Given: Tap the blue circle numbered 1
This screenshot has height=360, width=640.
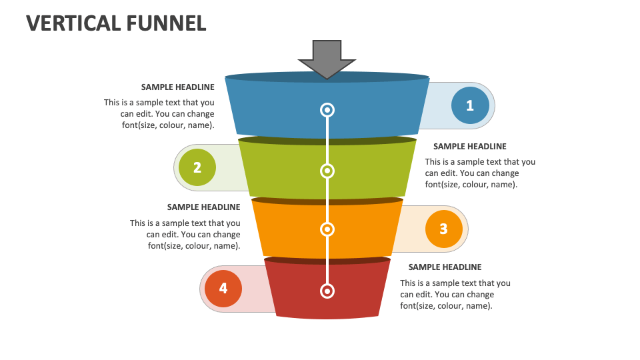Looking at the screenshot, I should click(x=470, y=105).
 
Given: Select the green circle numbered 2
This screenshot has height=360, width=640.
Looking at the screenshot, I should click(x=197, y=167).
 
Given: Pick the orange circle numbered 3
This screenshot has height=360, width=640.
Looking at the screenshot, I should click(x=443, y=229).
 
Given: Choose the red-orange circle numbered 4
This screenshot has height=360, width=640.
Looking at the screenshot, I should click(x=223, y=288).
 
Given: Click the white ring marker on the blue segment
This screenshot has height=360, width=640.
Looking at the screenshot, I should click(x=327, y=109).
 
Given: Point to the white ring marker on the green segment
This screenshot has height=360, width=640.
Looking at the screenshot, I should click(x=327, y=171).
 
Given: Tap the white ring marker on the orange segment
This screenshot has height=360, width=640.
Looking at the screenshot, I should click(x=327, y=229).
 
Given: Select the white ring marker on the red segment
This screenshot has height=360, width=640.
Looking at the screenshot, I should click(x=327, y=291).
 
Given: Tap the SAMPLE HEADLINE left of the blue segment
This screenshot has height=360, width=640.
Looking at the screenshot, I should click(x=177, y=87).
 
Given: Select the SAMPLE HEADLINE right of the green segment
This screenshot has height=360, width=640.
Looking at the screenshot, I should click(x=469, y=146).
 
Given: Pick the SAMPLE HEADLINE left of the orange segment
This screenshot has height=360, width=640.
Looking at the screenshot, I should click(x=203, y=207).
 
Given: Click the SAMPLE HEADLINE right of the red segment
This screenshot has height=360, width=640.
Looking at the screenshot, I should click(x=445, y=267).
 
